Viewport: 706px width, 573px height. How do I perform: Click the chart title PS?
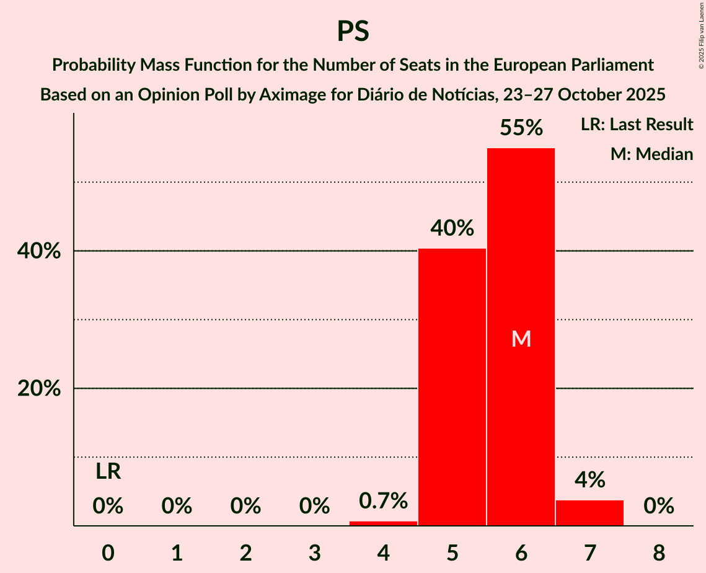point(353,31)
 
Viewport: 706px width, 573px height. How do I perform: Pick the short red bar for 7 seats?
point(589,513)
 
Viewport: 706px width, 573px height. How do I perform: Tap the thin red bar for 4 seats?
point(383,523)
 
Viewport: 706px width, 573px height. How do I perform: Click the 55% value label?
point(521,128)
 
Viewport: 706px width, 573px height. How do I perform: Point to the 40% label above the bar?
point(452,228)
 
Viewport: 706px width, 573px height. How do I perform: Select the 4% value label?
point(589,479)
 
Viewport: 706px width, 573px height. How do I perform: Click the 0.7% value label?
point(383,500)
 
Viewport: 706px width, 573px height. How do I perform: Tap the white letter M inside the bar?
point(521,339)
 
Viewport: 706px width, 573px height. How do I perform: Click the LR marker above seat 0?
point(108,472)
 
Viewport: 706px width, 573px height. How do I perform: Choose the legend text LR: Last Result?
point(637,125)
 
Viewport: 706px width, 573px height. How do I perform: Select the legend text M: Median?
point(651,154)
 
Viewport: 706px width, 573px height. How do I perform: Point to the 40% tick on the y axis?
point(43,251)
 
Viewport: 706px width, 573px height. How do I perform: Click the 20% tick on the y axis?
point(43,389)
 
